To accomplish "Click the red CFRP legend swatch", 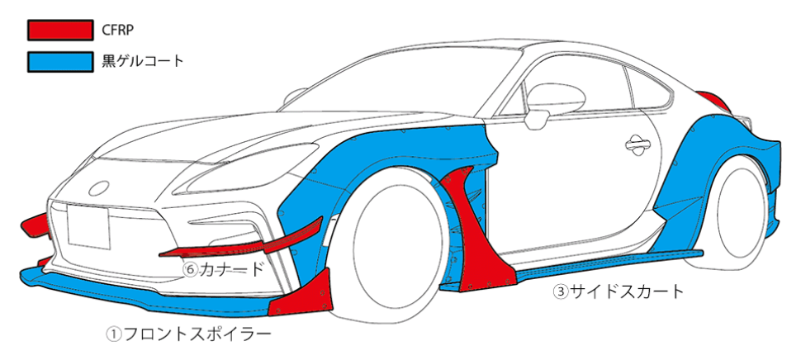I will (59, 31).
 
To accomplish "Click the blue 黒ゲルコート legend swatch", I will (59, 61).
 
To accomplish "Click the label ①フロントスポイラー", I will (188, 334).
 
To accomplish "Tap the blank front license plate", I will (89, 226).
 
